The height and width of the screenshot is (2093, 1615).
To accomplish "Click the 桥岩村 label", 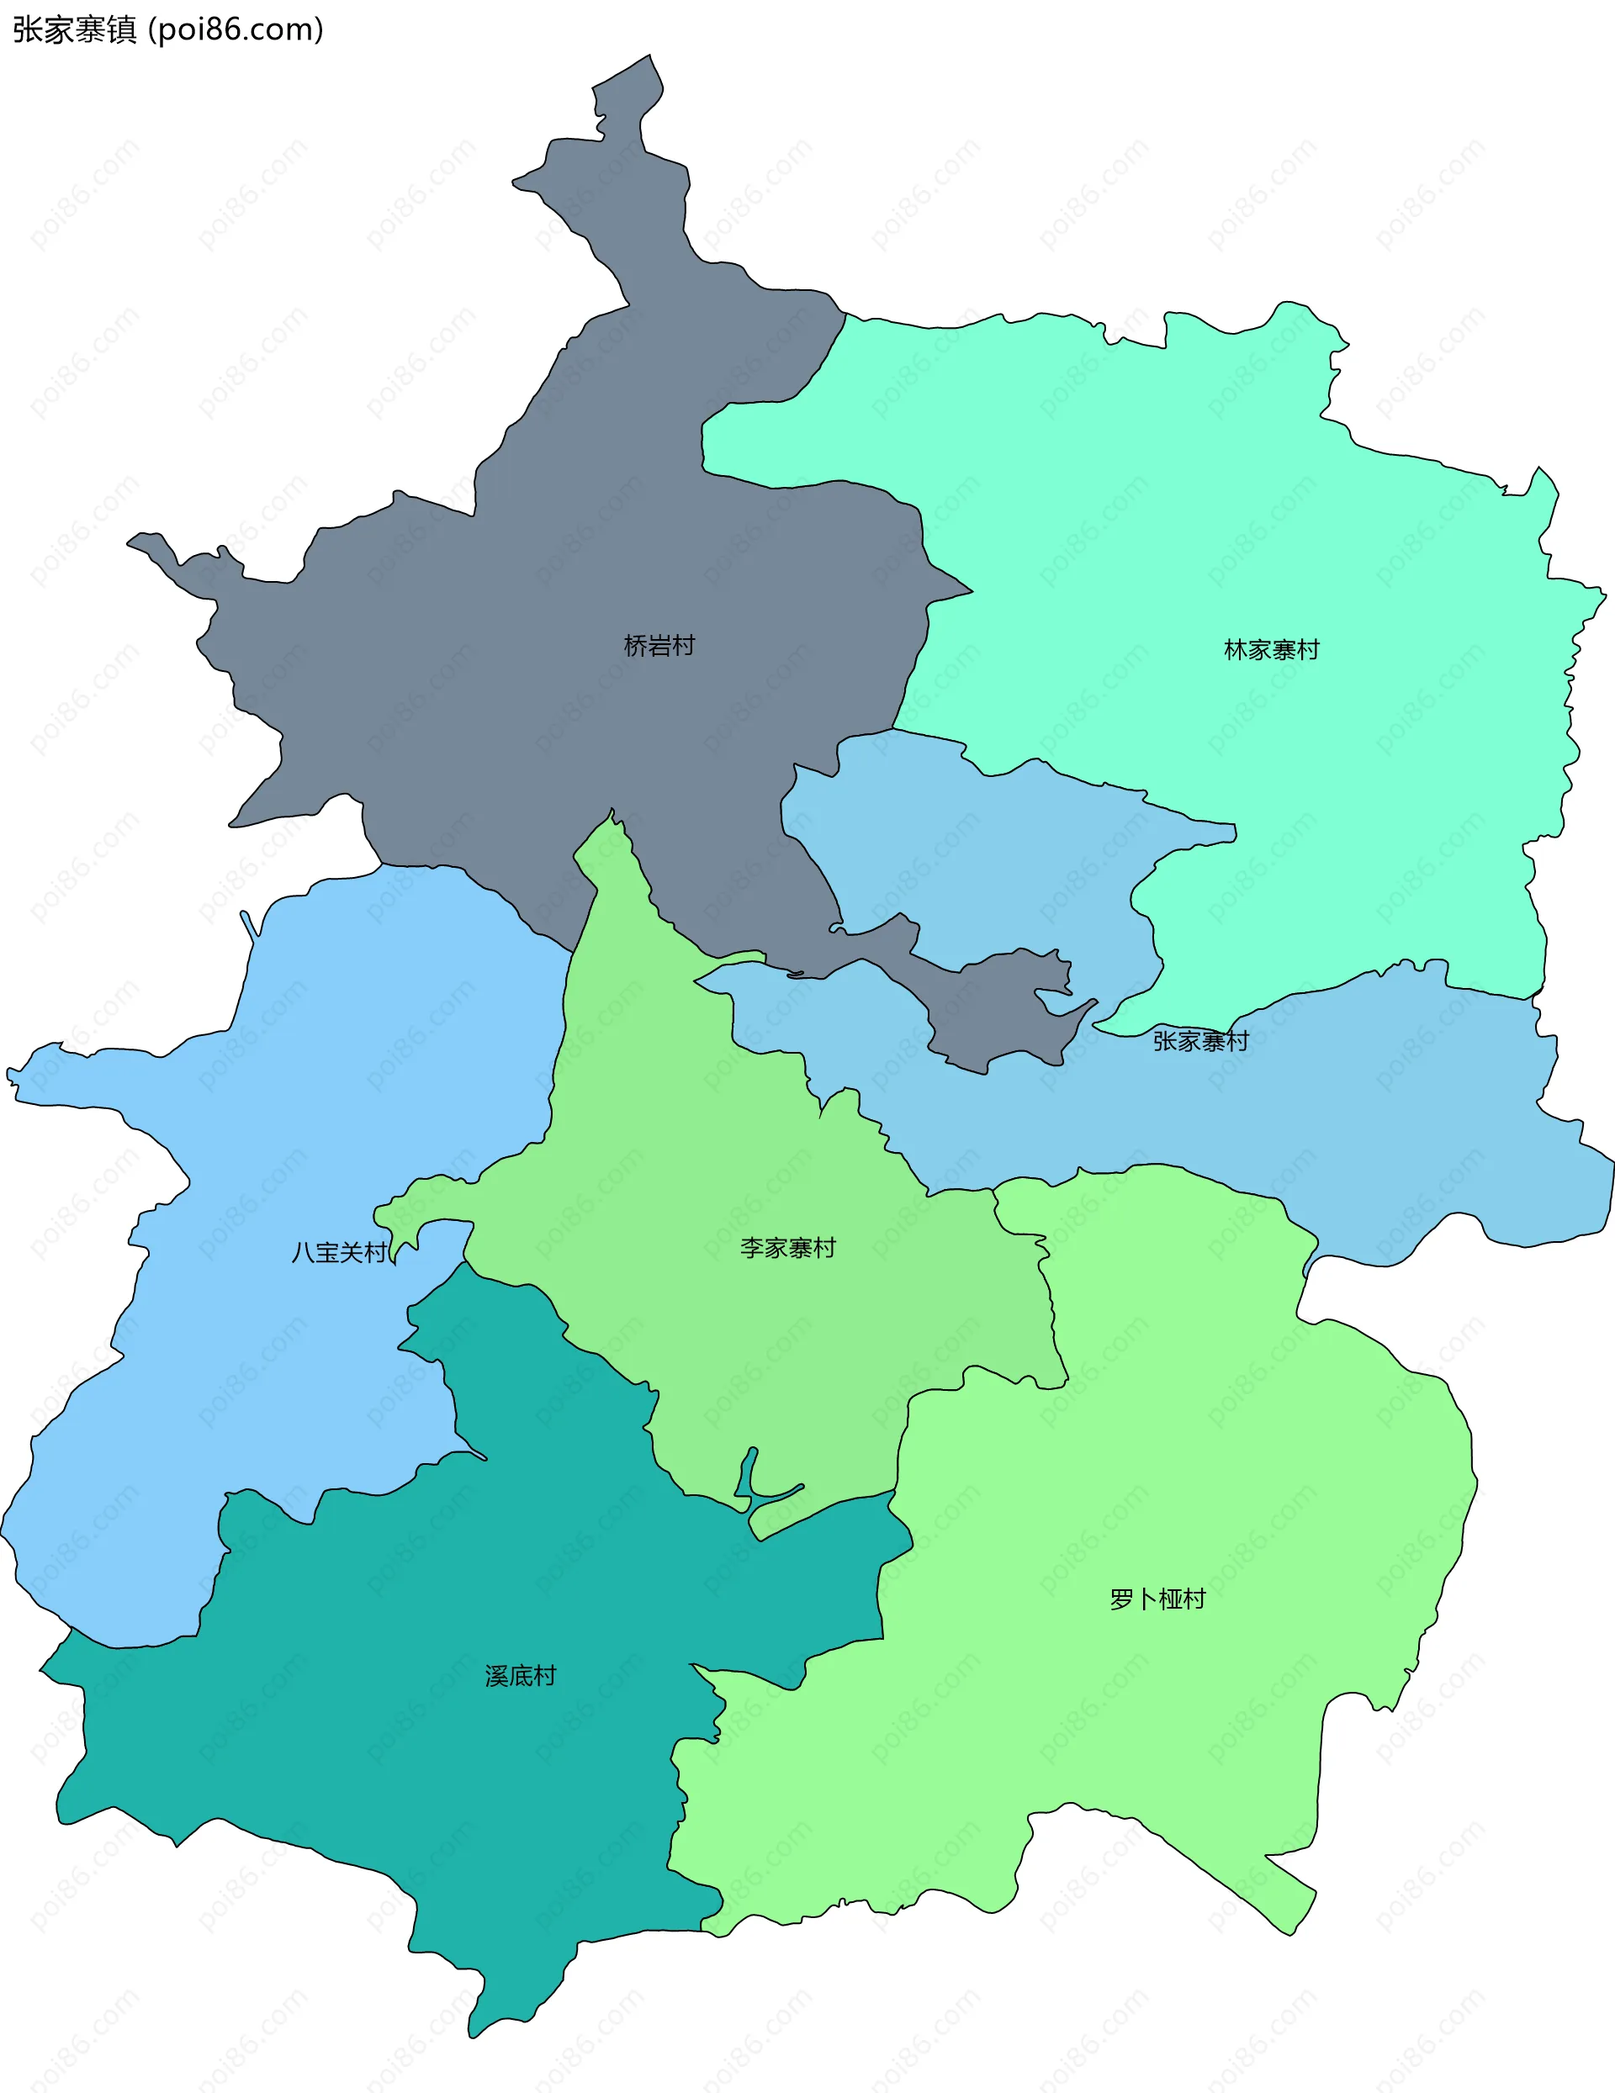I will point(659,646).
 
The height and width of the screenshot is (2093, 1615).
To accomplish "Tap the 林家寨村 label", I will point(1271,650).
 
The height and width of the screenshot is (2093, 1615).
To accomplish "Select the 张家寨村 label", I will point(1200,1041).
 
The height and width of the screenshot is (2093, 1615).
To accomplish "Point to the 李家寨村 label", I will point(788,1248).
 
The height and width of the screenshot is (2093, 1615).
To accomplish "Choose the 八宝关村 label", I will point(339,1253).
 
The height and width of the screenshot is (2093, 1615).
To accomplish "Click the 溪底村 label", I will point(521,1675).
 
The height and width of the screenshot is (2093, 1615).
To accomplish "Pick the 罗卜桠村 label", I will point(1157,1599).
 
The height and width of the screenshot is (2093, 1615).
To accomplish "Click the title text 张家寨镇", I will point(75,29).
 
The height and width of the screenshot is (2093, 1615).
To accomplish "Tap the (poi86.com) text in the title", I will point(236,29).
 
